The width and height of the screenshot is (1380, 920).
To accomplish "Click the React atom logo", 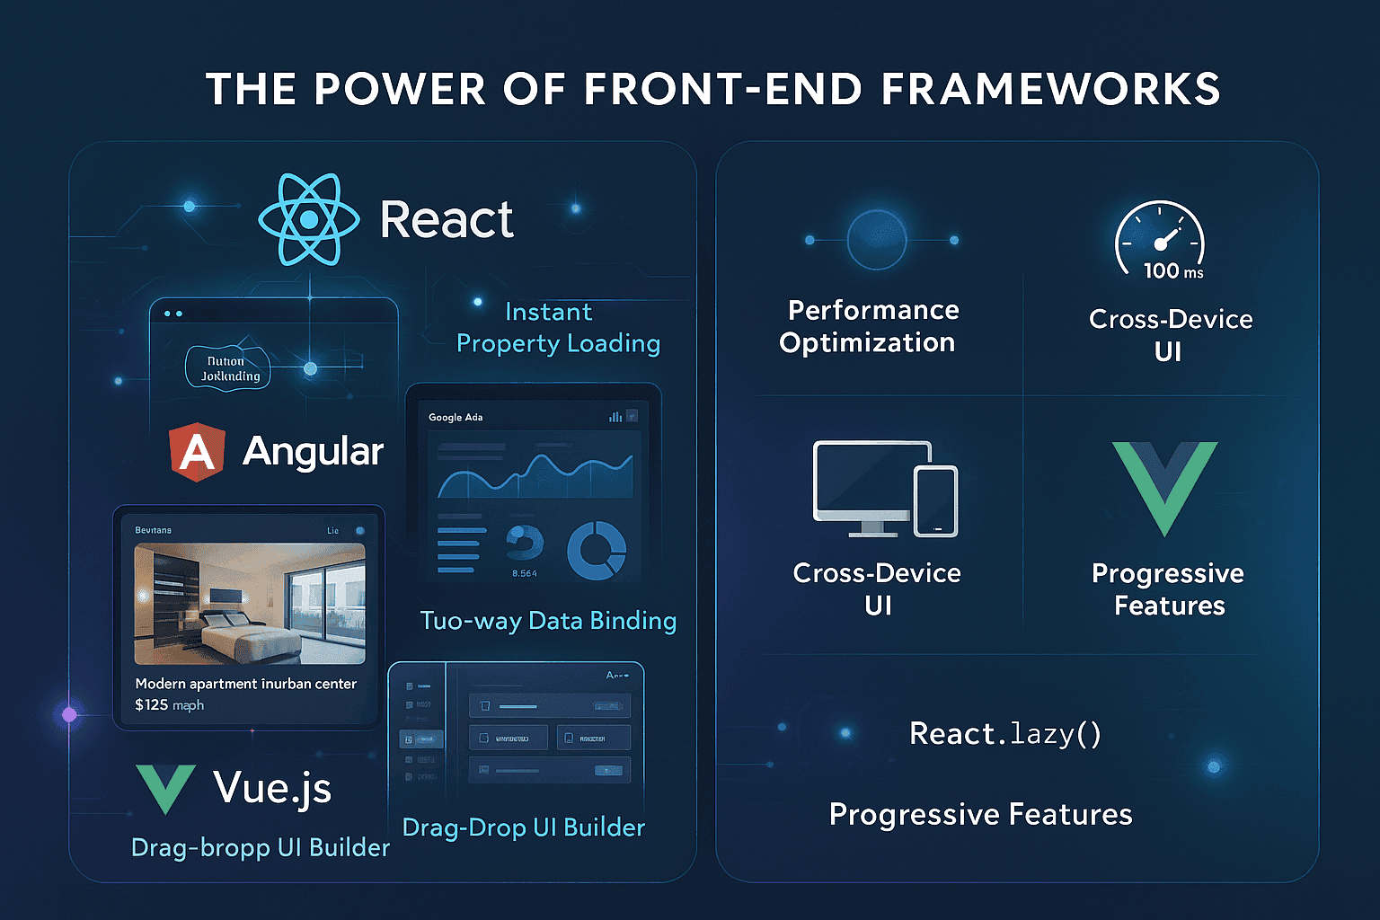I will [x=309, y=219].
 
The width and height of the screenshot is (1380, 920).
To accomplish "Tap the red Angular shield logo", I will [x=197, y=451].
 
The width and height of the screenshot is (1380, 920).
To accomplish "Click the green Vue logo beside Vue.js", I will [x=165, y=787].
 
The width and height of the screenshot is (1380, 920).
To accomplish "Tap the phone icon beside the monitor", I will [x=936, y=500].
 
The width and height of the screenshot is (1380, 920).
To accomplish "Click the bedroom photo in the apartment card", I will [x=250, y=603].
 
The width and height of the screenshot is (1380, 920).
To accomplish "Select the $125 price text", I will [x=152, y=705].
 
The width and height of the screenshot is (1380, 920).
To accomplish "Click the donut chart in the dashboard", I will [x=597, y=550].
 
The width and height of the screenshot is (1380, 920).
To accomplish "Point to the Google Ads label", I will [x=456, y=417].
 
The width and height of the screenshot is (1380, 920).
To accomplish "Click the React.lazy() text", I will [x=1004, y=734].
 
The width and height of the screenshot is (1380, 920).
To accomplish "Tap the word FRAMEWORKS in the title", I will [x=1050, y=89].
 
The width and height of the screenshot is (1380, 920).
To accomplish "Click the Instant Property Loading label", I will [x=558, y=328].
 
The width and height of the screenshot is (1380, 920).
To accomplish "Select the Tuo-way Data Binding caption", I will [x=548, y=621].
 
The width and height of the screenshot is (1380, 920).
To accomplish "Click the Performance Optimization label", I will [x=870, y=326].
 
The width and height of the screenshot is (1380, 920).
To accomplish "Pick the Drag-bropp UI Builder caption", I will [x=261, y=847].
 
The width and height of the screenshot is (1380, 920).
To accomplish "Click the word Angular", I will [x=313, y=451].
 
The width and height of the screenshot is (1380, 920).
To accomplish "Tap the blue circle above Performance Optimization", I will [x=877, y=240].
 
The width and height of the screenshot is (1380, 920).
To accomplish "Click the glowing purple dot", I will [x=69, y=715].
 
